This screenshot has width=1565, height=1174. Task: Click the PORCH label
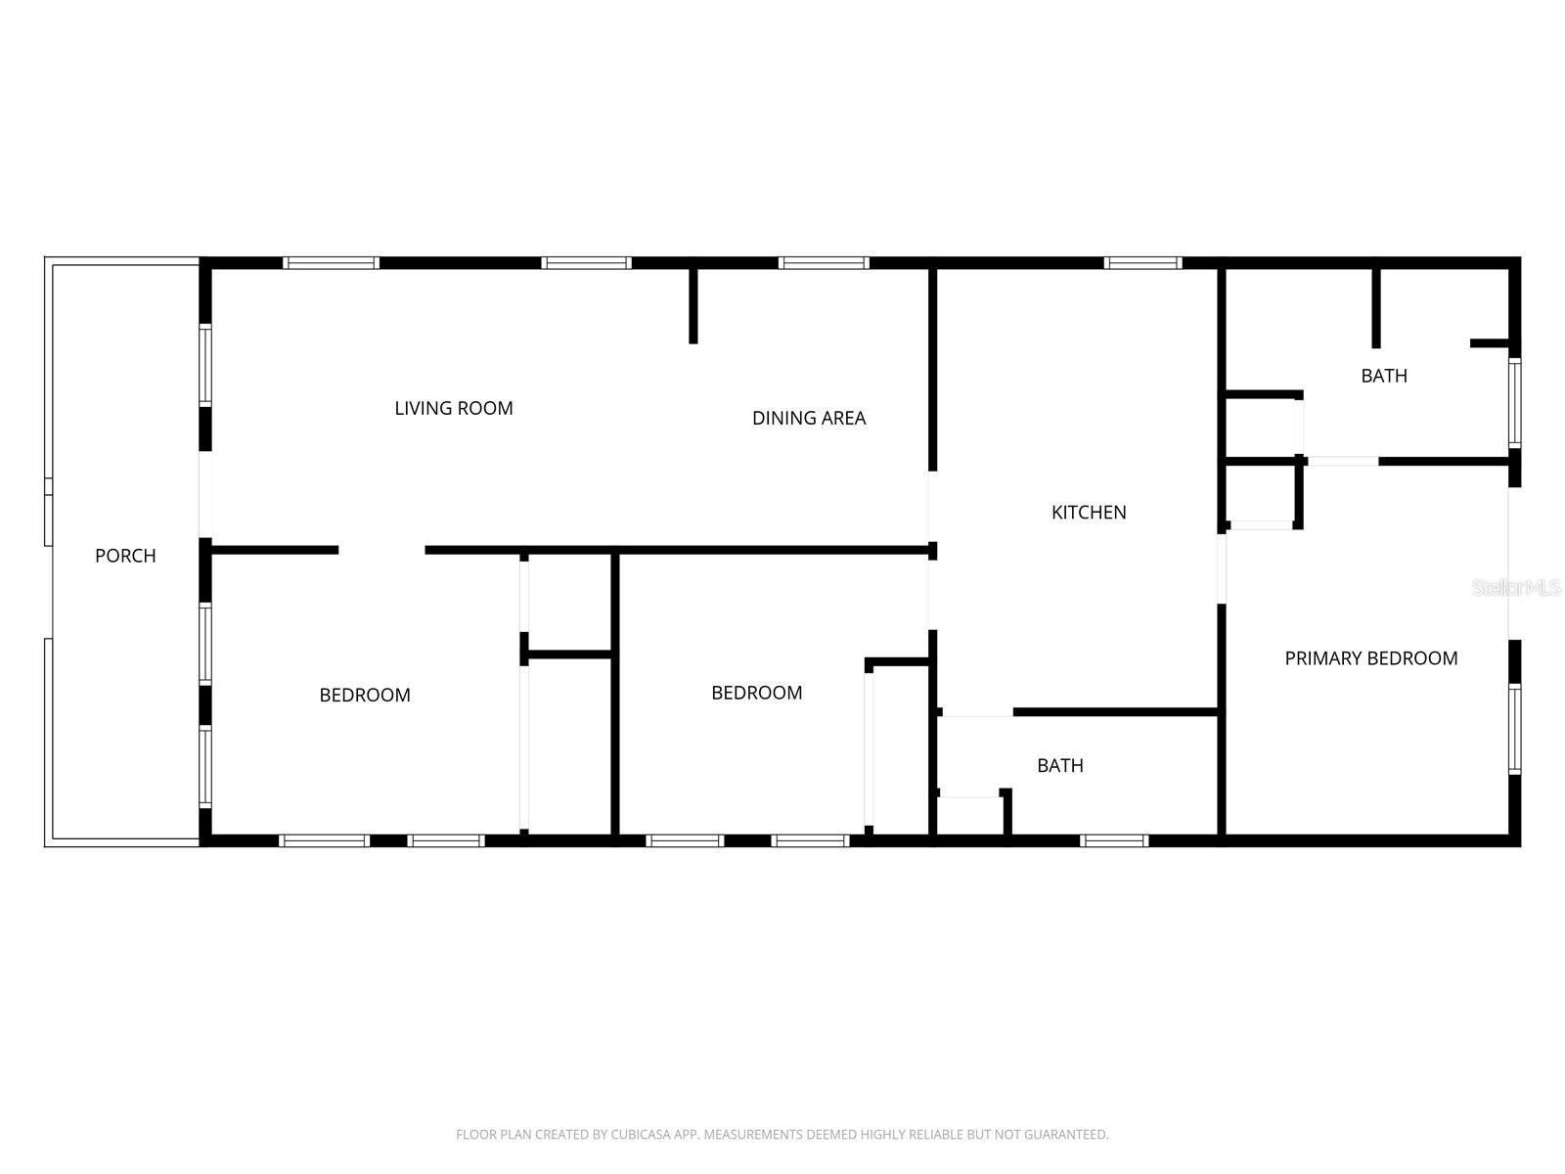(x=125, y=556)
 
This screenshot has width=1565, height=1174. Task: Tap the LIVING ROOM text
(x=454, y=408)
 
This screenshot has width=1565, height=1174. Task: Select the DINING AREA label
(x=809, y=418)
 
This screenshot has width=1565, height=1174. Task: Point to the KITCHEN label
(x=1089, y=512)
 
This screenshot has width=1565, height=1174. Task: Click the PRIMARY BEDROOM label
(x=1370, y=658)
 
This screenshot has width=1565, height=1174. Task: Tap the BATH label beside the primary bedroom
(x=1384, y=376)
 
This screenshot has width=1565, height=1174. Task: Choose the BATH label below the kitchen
(x=1060, y=765)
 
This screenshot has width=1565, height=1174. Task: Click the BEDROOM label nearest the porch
(x=365, y=695)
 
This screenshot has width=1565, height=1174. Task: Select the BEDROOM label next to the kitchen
(x=756, y=693)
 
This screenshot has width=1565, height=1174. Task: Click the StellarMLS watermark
(x=1516, y=587)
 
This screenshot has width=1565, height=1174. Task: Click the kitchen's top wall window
(x=1142, y=262)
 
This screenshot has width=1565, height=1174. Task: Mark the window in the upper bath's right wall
(x=1515, y=403)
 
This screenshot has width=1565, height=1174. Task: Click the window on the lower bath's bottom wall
(x=1114, y=840)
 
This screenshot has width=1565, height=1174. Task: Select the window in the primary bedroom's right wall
(x=1515, y=729)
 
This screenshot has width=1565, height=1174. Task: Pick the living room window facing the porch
(x=205, y=365)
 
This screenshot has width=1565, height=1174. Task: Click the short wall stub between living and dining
(x=693, y=305)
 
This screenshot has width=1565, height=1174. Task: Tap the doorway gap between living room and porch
(x=205, y=494)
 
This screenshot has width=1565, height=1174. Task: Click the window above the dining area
(x=824, y=262)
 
